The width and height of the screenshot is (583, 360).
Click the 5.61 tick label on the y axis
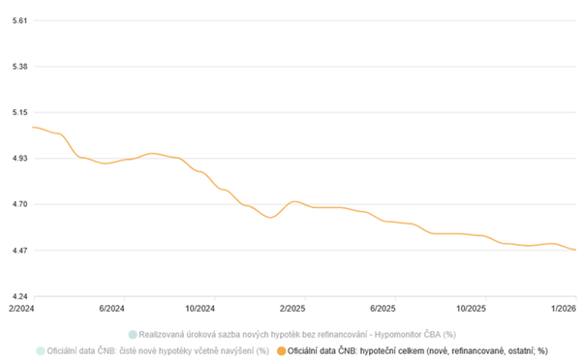pos(19,20)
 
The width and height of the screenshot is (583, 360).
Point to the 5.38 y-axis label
pos(19,67)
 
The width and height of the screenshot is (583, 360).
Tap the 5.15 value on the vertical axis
pos(19,112)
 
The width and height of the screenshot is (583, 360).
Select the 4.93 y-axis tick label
pos(19,159)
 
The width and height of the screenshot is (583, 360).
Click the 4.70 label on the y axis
pos(19,204)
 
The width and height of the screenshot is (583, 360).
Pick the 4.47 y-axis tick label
pos(19,251)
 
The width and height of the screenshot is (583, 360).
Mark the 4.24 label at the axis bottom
pos(19,296)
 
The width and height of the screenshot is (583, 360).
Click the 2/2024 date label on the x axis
pos(21,309)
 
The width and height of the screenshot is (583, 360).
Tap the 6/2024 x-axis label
pos(111,309)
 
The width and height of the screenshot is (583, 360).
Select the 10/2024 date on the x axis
pos(200,309)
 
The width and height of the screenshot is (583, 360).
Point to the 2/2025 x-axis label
pos(292,309)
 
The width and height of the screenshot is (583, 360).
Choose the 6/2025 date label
pos(383,309)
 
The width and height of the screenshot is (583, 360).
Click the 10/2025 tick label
pos(471,309)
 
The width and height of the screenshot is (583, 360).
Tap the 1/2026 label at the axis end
pos(564,309)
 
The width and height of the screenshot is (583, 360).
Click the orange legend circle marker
pos(282,350)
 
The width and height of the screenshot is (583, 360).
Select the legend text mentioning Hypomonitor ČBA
pos(297,335)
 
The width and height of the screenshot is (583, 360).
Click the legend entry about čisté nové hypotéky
pos(158,350)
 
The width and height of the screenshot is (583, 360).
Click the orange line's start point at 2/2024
pos(34,128)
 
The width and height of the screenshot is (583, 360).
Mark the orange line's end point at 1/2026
pos(576,250)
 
